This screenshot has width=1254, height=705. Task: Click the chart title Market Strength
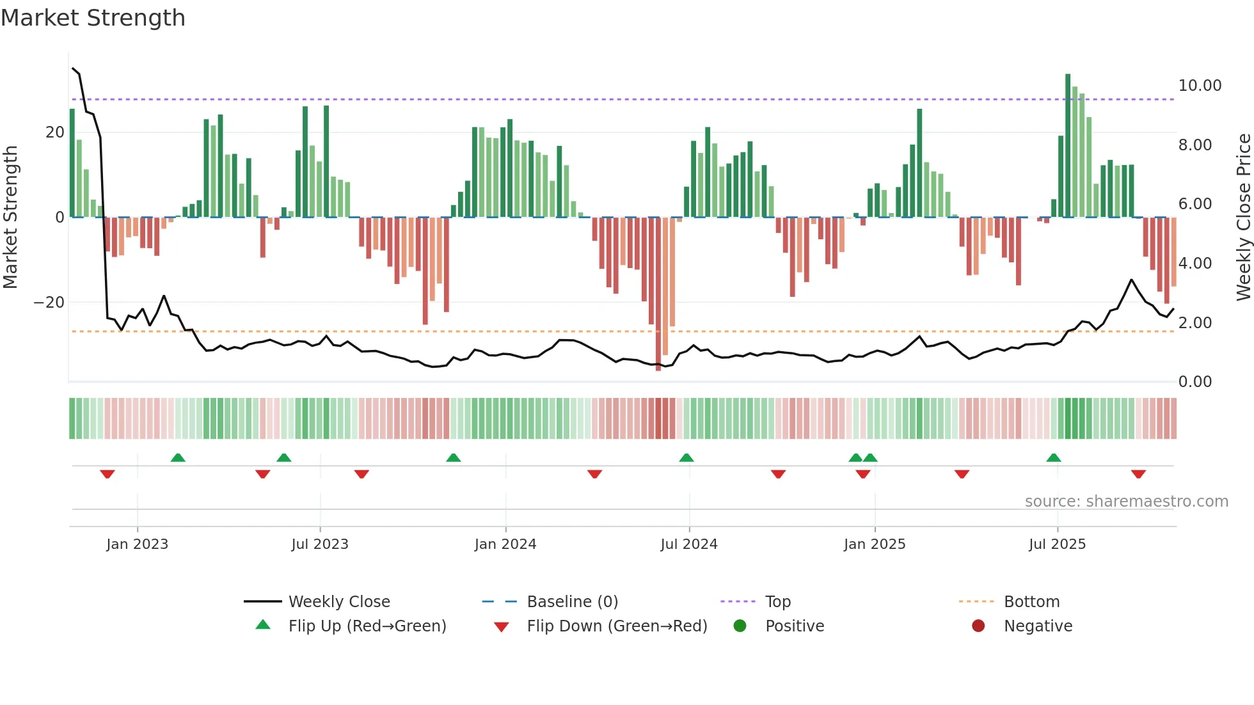[x=93, y=18]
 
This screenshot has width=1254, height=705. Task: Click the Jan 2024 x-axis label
[x=505, y=544]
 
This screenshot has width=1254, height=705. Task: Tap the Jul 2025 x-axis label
[x=1057, y=544]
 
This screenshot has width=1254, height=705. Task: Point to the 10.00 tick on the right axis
[x=1200, y=86]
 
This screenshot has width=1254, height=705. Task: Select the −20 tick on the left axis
[x=49, y=303]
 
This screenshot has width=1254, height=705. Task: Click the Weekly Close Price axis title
[x=1243, y=218]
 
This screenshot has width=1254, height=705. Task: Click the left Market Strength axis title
[x=10, y=218]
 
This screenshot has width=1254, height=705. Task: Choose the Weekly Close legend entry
[x=338, y=602]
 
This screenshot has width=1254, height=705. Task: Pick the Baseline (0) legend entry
[x=572, y=602]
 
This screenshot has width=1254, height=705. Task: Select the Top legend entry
[x=777, y=602]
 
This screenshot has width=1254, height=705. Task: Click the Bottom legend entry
[x=1031, y=602]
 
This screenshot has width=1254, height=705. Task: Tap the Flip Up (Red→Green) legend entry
[x=367, y=626]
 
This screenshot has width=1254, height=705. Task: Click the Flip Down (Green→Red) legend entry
[x=617, y=626]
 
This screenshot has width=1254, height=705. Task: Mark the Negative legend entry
[x=1037, y=626]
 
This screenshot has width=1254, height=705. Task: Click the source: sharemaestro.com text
[x=1126, y=502]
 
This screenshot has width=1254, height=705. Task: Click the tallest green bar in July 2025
[x=1068, y=146]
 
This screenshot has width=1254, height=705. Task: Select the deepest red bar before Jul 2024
[x=658, y=294]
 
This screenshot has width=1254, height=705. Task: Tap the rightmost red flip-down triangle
[x=1138, y=474]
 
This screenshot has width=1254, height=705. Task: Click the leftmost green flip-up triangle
[x=178, y=457]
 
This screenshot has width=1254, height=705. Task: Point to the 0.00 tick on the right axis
[x=1194, y=382]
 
